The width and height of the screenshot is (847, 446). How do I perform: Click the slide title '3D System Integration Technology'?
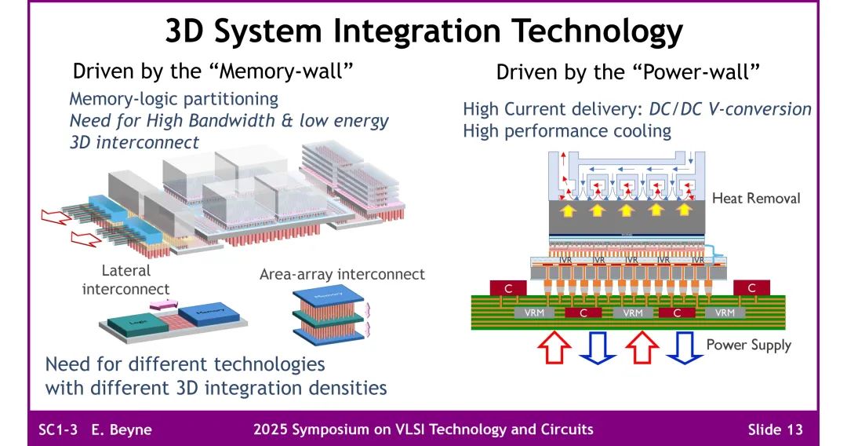tap(423, 31)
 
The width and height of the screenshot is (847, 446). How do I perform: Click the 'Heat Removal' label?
tap(755, 198)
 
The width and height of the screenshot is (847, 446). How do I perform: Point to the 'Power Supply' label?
tap(748, 345)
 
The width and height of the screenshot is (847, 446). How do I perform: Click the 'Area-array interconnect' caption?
tap(342, 274)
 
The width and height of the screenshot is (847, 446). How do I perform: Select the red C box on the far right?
tap(751, 288)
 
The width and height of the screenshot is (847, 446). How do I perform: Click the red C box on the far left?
tap(507, 288)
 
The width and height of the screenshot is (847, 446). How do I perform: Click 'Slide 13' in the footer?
tap(775, 430)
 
